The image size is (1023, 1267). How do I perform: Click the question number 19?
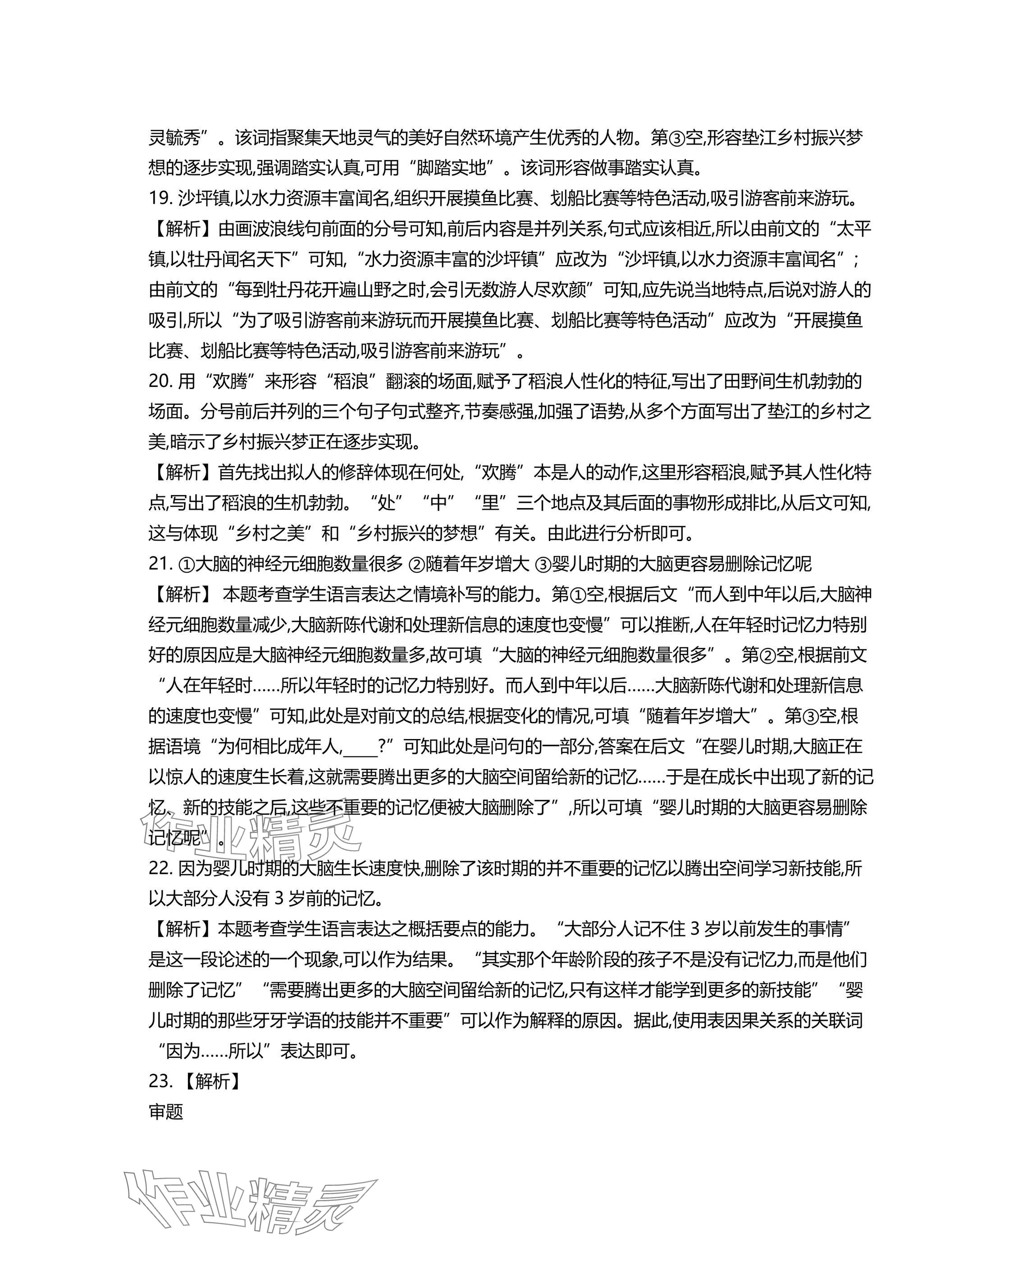click(159, 199)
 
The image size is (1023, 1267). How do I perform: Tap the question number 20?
click(159, 381)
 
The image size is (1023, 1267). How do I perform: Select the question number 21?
click(159, 564)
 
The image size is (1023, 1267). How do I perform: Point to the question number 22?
click(159, 868)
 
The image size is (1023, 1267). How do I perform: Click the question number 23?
click(159, 1082)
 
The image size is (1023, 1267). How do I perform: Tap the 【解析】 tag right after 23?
click(210, 1082)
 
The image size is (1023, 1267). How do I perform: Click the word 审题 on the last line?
click(166, 1112)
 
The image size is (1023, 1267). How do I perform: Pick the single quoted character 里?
click(490, 503)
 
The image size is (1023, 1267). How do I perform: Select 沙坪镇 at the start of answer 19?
click(204, 199)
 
